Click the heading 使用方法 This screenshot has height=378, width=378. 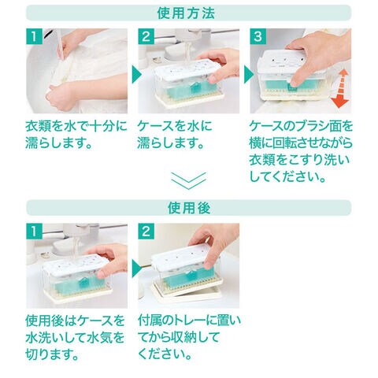pyautogui.click(x=186, y=13)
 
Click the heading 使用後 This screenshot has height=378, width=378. pyautogui.click(x=189, y=208)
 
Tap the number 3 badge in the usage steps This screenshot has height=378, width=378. pyautogui.click(x=258, y=36)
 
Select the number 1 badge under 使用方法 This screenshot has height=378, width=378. pyautogui.click(x=34, y=36)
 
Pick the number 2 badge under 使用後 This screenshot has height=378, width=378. pyautogui.click(x=146, y=232)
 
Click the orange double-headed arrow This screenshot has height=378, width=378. pyautogui.click(x=339, y=88)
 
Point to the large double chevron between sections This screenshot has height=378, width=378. pyautogui.click(x=189, y=180)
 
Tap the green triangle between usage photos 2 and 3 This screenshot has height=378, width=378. pyautogui.click(x=248, y=75)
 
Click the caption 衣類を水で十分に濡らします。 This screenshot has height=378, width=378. pyautogui.click(x=76, y=135)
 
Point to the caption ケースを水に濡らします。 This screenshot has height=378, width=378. pyautogui.click(x=174, y=135)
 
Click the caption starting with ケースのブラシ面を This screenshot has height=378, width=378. pyautogui.click(x=301, y=151)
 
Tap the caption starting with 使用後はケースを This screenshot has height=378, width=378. pyautogui.click(x=75, y=338)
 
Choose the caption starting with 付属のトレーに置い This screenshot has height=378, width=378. pyautogui.click(x=189, y=338)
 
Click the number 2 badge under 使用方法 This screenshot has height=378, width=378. pyautogui.click(x=146, y=36)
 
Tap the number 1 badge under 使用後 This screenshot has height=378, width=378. pyautogui.click(x=34, y=232)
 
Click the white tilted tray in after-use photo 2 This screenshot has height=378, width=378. pyautogui.click(x=187, y=293)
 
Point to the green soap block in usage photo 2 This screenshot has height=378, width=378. pyautogui.click(x=188, y=86)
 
